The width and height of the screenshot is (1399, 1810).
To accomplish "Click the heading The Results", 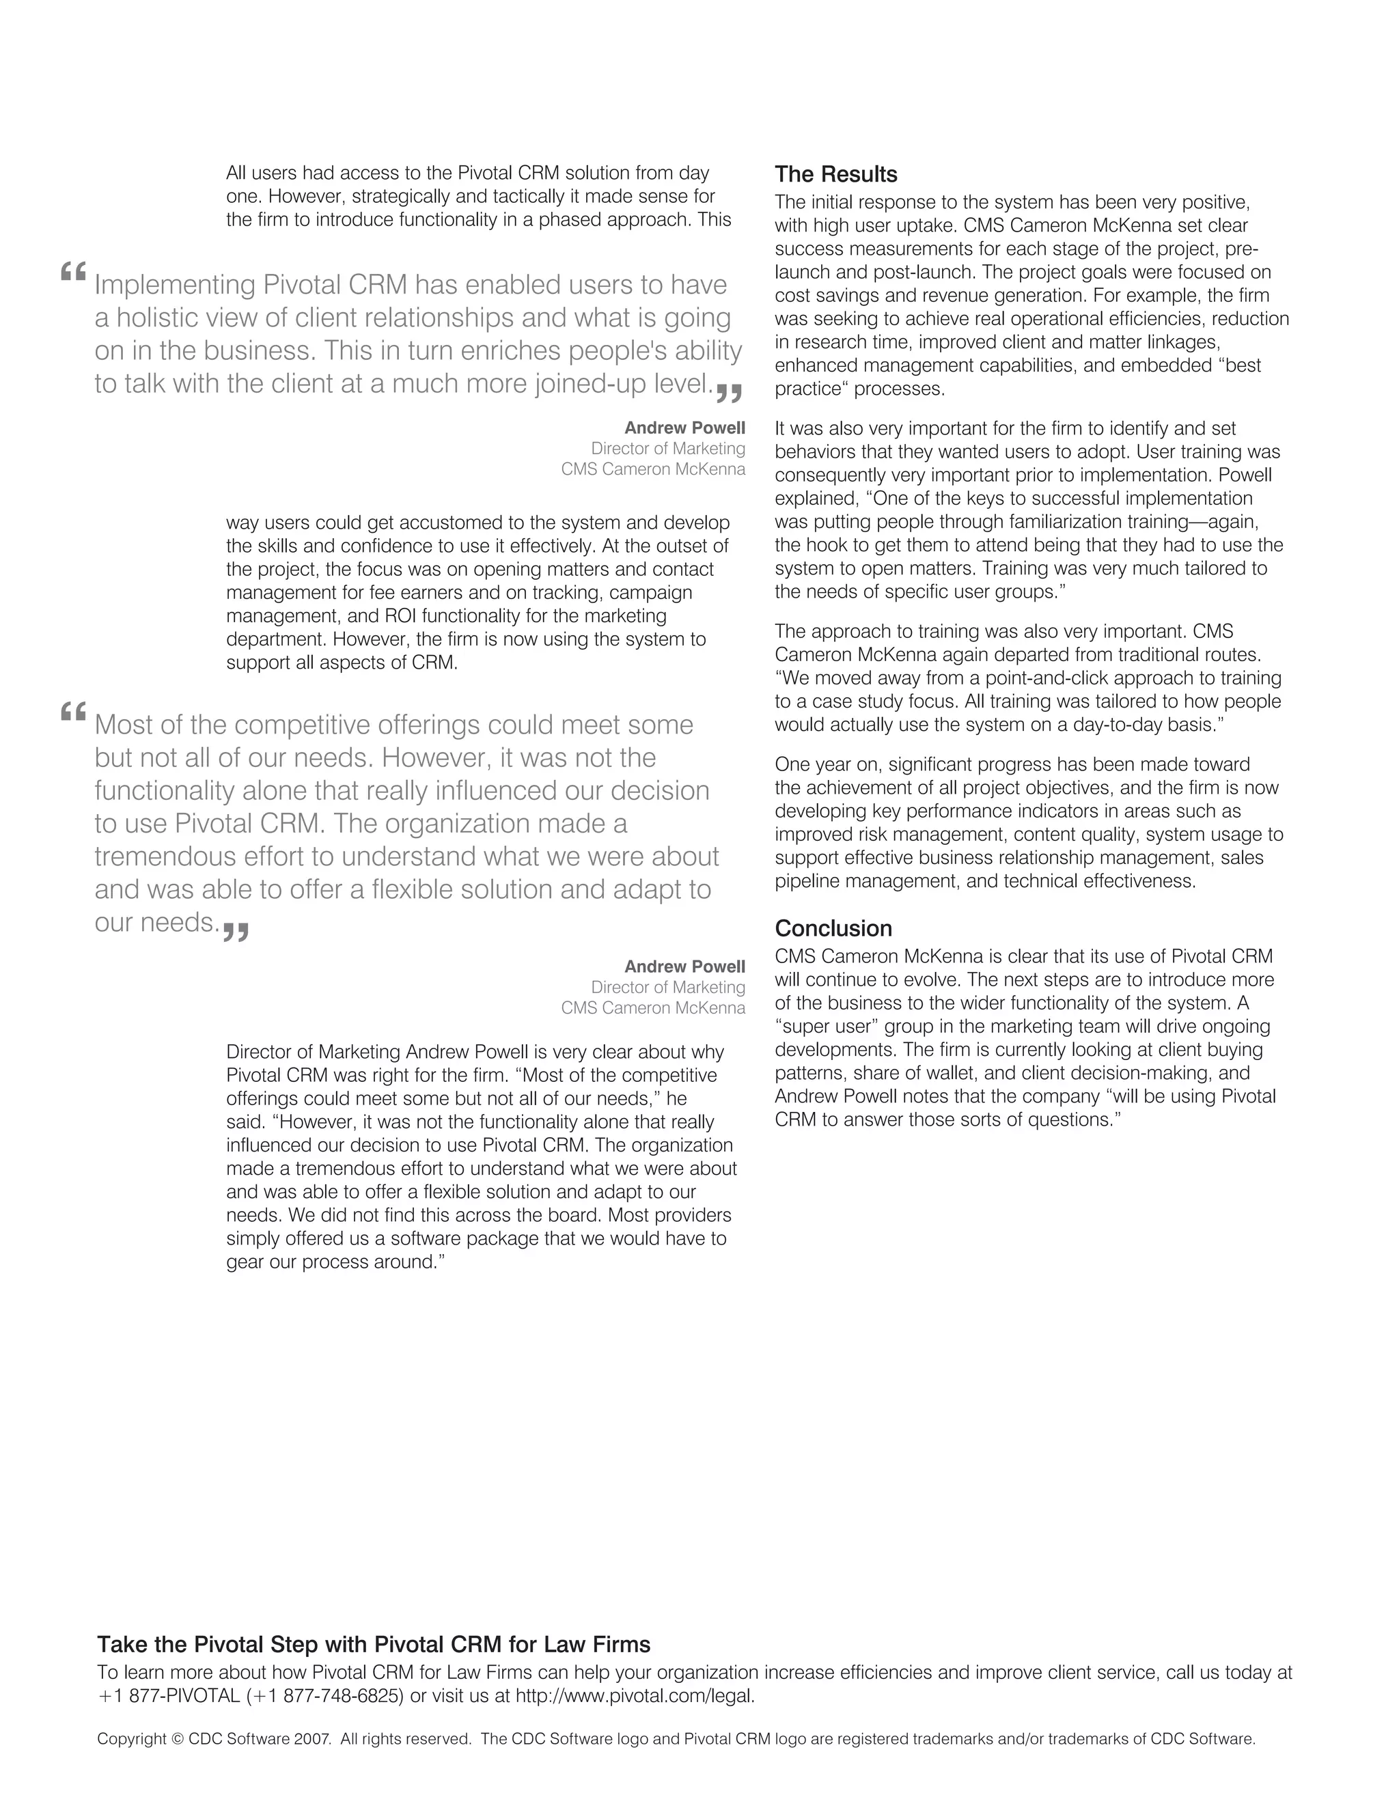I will [x=835, y=175].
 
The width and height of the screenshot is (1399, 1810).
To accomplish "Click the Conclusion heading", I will [x=833, y=928].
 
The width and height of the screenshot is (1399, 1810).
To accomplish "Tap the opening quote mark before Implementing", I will [x=73, y=272].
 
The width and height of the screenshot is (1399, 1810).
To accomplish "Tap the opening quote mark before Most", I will [x=73, y=711].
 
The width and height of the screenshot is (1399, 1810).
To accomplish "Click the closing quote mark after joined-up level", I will [x=728, y=393].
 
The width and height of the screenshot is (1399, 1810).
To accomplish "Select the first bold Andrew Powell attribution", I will [x=684, y=428].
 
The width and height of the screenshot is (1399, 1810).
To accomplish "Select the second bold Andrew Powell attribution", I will [x=684, y=966].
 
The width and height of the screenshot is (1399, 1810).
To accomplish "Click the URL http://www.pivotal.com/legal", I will [x=634, y=1696].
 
